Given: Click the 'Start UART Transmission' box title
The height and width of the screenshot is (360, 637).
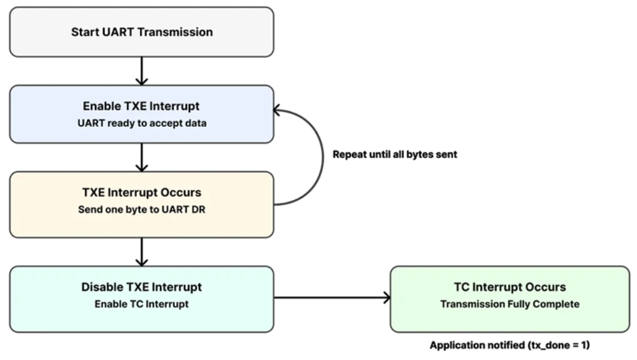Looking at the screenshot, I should tap(141, 32).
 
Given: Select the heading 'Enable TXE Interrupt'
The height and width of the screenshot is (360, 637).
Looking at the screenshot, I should tap(141, 106).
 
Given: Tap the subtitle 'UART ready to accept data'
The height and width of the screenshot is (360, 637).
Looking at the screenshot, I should tap(141, 123).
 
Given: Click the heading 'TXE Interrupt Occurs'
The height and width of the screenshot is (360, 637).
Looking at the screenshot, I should tap(141, 192).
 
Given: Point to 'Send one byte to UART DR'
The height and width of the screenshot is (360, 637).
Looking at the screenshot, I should tap(141, 209).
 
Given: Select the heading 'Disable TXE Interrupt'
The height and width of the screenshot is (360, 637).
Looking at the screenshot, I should tap(141, 287).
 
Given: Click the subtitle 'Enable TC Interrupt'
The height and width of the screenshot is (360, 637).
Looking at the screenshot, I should tap(141, 304).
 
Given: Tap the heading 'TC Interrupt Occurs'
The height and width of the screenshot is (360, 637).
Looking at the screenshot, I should tap(509, 287).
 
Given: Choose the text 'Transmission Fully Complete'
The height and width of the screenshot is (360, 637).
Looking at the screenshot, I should tap(509, 304).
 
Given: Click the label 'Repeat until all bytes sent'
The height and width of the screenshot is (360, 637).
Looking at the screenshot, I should tap(394, 154).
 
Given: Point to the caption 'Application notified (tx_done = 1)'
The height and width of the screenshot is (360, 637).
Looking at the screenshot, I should tap(509, 345).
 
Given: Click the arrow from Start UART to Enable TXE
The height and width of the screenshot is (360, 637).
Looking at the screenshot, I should tap(142, 71).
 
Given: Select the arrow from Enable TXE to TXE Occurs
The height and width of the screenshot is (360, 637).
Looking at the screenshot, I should tap(142, 157).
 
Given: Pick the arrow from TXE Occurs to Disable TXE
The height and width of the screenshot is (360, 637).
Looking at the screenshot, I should tap(142, 252).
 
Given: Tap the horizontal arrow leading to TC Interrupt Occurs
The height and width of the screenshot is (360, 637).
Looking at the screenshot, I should tap(331, 298).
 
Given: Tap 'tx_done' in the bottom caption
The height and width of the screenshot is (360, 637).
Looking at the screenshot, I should tap(545, 345).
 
